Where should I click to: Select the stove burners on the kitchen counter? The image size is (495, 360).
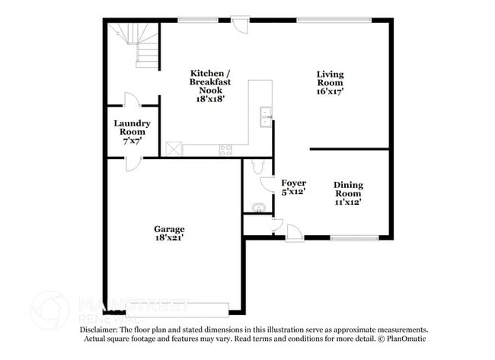[224, 148]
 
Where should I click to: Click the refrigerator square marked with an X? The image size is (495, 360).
[174, 149]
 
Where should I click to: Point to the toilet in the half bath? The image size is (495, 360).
[256, 167]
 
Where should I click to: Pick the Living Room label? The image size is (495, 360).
[331, 78]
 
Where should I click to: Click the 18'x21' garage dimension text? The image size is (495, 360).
[168, 237]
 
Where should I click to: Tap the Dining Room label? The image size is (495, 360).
[347, 189]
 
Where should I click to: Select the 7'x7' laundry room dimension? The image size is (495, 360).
[132, 142]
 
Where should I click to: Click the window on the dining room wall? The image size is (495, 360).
[354, 237]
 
